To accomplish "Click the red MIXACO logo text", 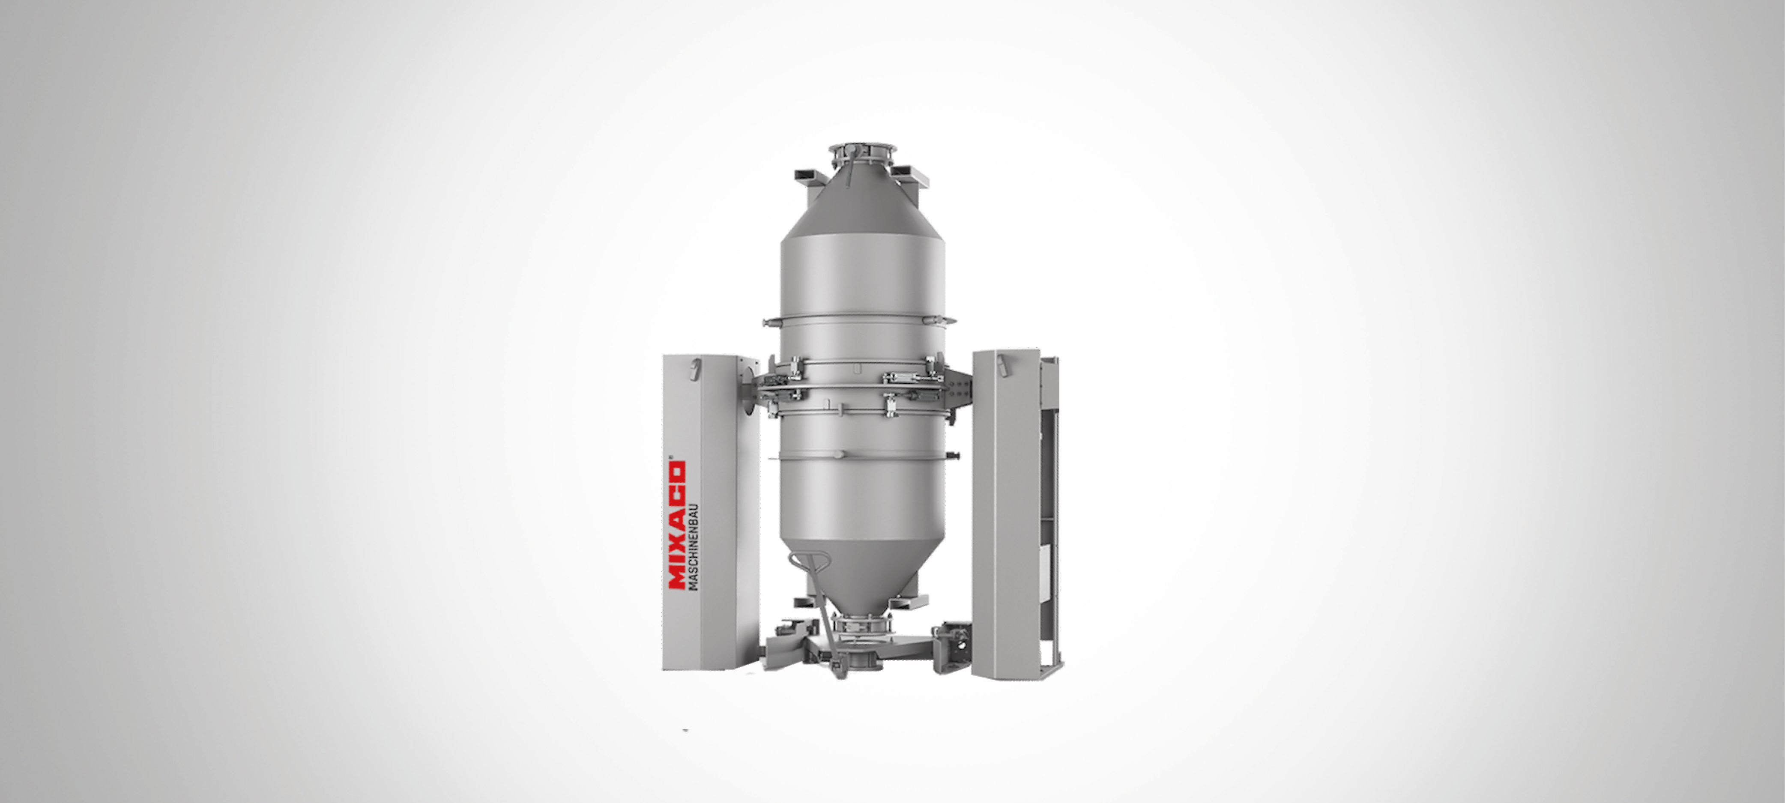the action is [x=676, y=525].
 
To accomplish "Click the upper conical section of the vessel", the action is [x=862, y=201].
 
